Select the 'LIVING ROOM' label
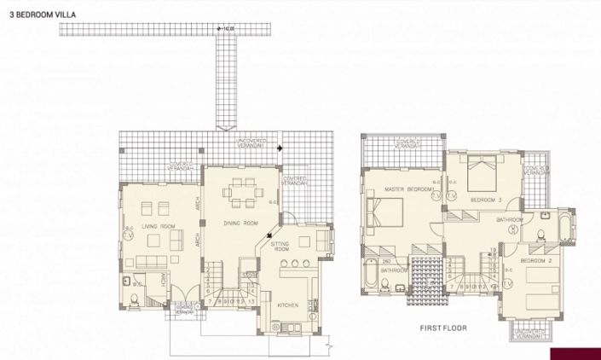coord(158,226)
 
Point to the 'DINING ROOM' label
coord(240,223)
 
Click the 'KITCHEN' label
coord(287,305)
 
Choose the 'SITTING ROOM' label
coord(280,247)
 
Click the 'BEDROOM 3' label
coord(486,200)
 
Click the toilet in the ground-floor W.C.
coord(137,299)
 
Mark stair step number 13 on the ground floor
coord(251,301)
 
